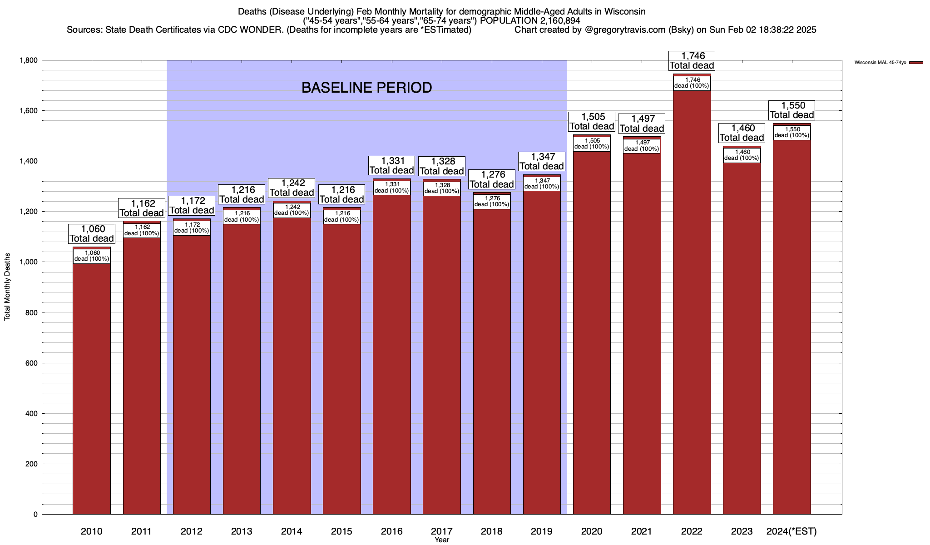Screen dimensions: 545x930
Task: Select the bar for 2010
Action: pos(92,386)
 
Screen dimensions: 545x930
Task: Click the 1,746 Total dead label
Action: pos(692,61)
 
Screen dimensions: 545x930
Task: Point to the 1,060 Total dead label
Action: pos(92,234)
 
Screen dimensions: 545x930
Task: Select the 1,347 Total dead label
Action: pos(542,162)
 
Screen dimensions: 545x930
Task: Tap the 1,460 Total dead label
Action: pos(742,133)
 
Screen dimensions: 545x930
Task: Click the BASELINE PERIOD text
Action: pos(366,88)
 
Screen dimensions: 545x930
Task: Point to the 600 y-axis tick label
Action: pos(31,363)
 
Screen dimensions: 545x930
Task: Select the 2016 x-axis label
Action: pos(391,531)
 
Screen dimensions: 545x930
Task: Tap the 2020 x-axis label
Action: pos(592,531)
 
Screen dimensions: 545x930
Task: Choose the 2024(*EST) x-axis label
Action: pos(791,531)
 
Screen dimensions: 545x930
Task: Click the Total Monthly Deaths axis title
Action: pos(7,287)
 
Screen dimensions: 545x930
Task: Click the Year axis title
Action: pos(441,540)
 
